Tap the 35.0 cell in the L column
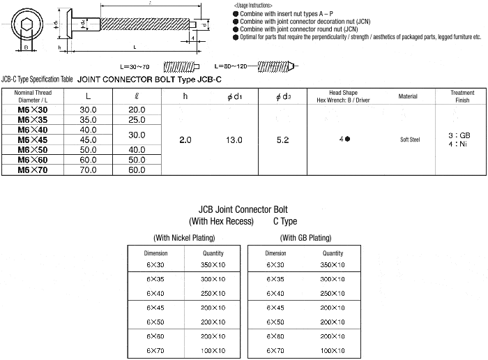click(88, 120)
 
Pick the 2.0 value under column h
click(185, 140)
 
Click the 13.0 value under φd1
click(234, 140)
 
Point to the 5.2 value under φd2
click(282, 140)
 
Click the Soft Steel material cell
click(409, 140)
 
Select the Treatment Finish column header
click(463, 96)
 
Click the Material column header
click(409, 96)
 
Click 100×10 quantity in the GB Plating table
click(333, 349)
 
